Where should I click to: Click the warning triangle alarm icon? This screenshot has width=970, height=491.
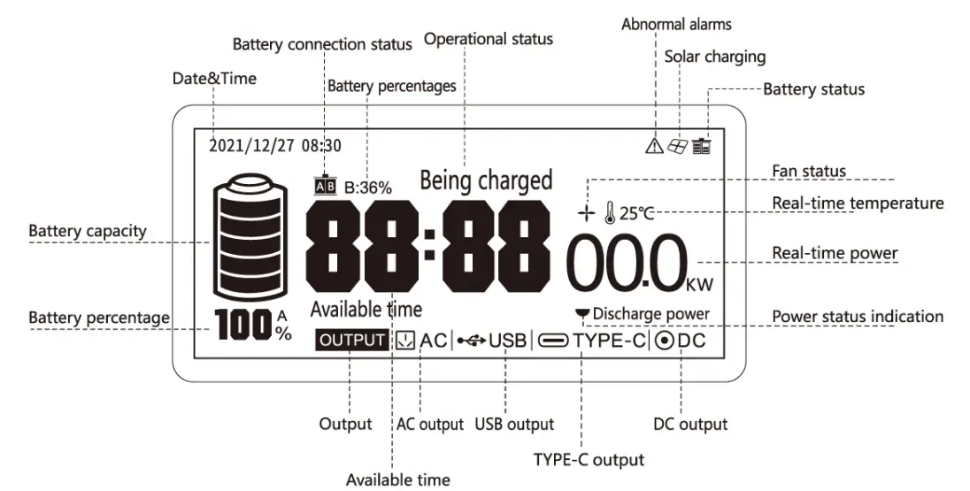(x=654, y=146)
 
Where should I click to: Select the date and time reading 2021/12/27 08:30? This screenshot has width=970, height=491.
(x=274, y=146)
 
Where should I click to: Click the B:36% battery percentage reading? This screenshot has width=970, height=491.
(x=368, y=188)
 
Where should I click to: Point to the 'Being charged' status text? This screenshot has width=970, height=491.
(x=486, y=180)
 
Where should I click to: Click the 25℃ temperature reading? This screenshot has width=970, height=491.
(x=636, y=213)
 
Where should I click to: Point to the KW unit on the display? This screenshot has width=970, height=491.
(x=698, y=284)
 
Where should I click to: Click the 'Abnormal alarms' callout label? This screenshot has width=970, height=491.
(x=676, y=24)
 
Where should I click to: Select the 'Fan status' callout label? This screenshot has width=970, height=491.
(x=809, y=171)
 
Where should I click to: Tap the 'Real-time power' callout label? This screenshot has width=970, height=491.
(x=835, y=253)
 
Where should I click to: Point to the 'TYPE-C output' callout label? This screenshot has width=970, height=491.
(x=589, y=459)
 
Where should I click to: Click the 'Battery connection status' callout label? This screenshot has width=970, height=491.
(x=322, y=44)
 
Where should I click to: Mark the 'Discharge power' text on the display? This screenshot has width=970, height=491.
(x=651, y=313)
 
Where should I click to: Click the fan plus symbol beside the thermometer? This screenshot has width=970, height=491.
(x=585, y=213)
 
